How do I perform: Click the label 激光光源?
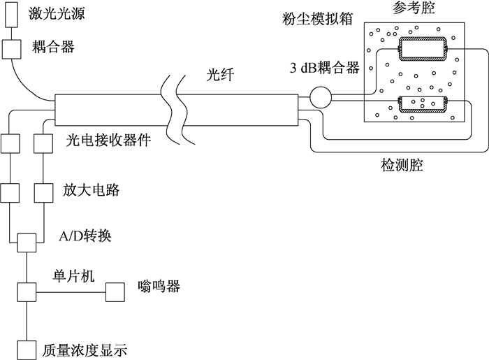point(57,14)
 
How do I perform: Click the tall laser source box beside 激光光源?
point(12,15)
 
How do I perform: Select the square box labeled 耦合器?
point(12,49)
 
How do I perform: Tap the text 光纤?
point(220,75)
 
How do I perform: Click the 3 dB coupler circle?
point(321,98)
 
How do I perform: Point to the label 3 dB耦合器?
point(324,67)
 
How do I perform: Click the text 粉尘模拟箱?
point(317,19)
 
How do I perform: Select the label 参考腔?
point(414,7)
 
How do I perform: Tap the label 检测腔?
point(402,164)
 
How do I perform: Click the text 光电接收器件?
point(108,140)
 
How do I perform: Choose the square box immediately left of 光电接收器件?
point(43,143)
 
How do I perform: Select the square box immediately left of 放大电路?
point(43,193)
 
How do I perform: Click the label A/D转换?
point(85,236)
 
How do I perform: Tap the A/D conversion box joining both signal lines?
point(27,243)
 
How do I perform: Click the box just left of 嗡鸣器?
point(115,292)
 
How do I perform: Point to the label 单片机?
point(73,276)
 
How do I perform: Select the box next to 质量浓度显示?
point(27,350)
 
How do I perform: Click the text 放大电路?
point(91,189)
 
